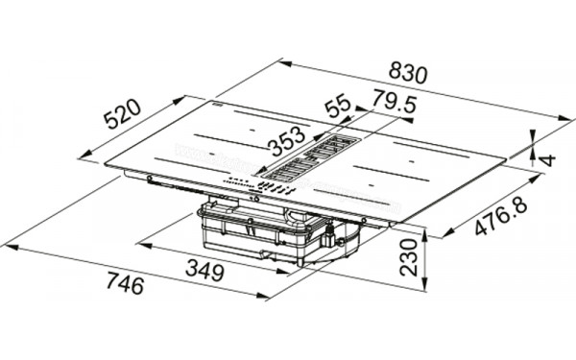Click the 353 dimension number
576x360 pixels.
pyautogui.click(x=289, y=143)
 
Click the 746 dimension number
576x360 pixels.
pyautogui.click(x=124, y=285)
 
